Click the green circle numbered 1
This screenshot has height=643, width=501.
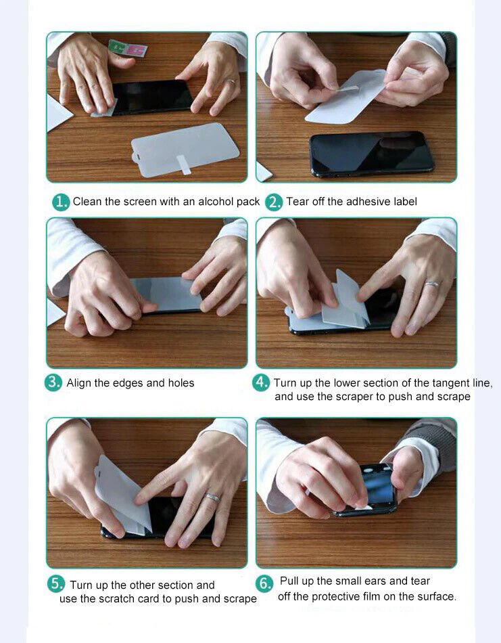pos(61,202)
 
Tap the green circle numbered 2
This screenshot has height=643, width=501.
pos(274,202)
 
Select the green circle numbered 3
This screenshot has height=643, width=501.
pos(53,382)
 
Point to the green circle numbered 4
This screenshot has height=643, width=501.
pos(261,382)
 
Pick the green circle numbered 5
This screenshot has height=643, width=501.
pos(55,583)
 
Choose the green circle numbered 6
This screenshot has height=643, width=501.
pos(264,583)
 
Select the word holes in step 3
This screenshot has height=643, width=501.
pos(181,382)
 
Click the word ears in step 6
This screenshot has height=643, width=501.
pos(375,581)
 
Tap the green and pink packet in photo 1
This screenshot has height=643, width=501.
pos(128,48)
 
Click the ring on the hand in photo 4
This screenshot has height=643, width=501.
pos(432,284)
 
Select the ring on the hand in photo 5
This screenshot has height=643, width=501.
pos(212,497)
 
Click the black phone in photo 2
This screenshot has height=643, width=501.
pos(372,154)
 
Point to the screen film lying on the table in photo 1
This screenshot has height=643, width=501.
pos(185,150)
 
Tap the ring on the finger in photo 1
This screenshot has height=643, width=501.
pos(231,82)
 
